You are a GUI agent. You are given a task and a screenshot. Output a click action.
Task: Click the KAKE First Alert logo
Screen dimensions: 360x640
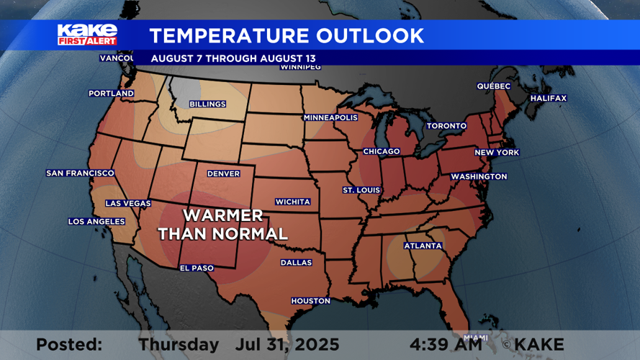click(87, 35)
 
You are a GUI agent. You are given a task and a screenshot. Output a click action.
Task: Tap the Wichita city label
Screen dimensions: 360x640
click(293, 202)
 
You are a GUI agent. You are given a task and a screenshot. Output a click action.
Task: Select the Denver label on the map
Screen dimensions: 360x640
click(223, 174)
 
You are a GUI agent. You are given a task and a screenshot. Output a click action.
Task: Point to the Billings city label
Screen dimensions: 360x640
click(207, 104)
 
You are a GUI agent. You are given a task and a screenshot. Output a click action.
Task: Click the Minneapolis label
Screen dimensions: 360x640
click(330, 117)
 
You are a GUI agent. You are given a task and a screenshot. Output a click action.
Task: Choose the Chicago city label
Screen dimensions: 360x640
click(381, 152)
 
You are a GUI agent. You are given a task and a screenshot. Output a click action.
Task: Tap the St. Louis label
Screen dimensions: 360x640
click(361, 191)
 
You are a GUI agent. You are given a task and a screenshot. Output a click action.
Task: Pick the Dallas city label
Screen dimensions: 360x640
click(296, 263)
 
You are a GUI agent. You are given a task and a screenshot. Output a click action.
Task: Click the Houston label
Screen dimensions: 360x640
click(310, 301)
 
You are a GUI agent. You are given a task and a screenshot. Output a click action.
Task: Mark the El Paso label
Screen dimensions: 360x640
click(197, 269)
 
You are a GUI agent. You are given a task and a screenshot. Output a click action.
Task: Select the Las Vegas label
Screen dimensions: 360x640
click(128, 204)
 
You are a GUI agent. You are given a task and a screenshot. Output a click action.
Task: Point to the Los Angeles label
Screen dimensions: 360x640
click(96, 222)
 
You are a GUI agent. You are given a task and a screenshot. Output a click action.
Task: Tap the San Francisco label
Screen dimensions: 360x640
click(80, 174)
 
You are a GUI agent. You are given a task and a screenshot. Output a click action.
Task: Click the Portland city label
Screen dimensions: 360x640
click(111, 94)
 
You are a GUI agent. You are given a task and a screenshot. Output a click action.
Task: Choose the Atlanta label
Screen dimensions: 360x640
click(423, 246)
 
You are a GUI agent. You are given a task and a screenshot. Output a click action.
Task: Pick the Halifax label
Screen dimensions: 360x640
click(549, 99)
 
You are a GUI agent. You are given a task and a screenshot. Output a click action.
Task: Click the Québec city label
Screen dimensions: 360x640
click(494, 86)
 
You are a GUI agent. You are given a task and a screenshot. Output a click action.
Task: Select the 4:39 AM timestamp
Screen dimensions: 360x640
click(447, 345)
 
